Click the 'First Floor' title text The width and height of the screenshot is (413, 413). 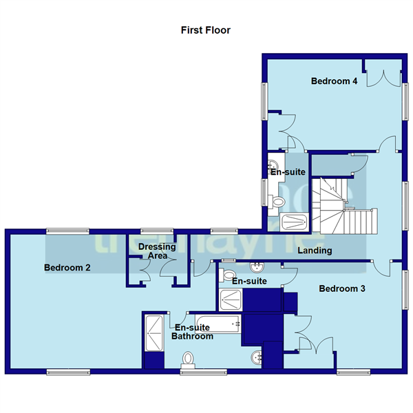pos(205,30)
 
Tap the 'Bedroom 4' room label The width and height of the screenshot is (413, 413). pos(334,81)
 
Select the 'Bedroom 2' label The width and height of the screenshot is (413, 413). pos(67,268)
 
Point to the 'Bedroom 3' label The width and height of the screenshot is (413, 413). pos(341,289)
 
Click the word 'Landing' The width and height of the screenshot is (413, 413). pos(315,251)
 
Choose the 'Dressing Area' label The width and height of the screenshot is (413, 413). pos(157,251)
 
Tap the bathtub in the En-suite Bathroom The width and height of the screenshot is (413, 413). pos(218,321)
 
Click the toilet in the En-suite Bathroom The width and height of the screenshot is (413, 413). pos(188,359)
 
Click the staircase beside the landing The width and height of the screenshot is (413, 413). pos(341,206)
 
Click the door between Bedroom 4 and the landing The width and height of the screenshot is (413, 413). pos(388,144)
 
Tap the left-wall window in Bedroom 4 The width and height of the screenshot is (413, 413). pos(263,101)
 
